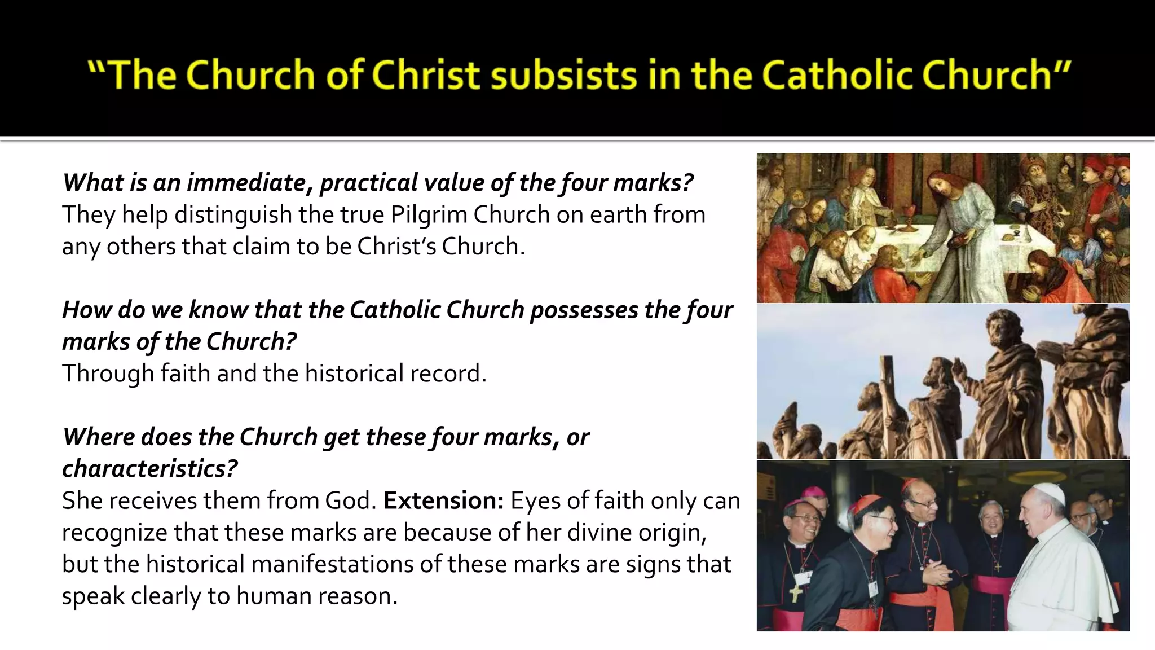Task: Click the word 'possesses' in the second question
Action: [584, 310]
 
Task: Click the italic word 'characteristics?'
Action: [149, 469]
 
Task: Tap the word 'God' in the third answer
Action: [350, 500]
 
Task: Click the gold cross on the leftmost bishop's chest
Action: [795, 592]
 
